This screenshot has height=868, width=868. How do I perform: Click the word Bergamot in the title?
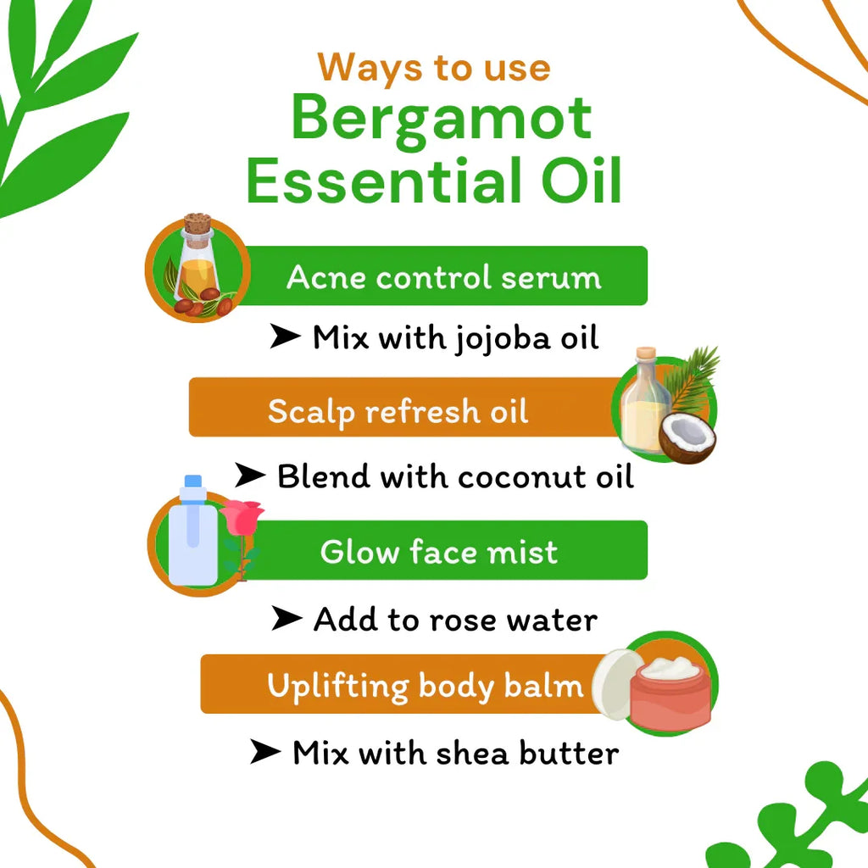(441, 119)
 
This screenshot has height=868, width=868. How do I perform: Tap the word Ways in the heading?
(365, 67)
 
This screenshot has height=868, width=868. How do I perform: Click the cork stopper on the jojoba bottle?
(197, 225)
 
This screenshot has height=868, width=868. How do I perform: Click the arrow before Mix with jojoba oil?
(286, 337)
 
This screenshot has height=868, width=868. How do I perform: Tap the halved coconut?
(687, 437)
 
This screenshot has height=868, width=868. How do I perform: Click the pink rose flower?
(242, 517)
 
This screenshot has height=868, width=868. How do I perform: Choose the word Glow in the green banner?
(359, 552)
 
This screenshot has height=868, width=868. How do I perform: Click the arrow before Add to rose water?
(286, 620)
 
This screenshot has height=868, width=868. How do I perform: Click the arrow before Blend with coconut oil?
(250, 476)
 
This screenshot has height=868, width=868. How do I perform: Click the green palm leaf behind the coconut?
(691, 381)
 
